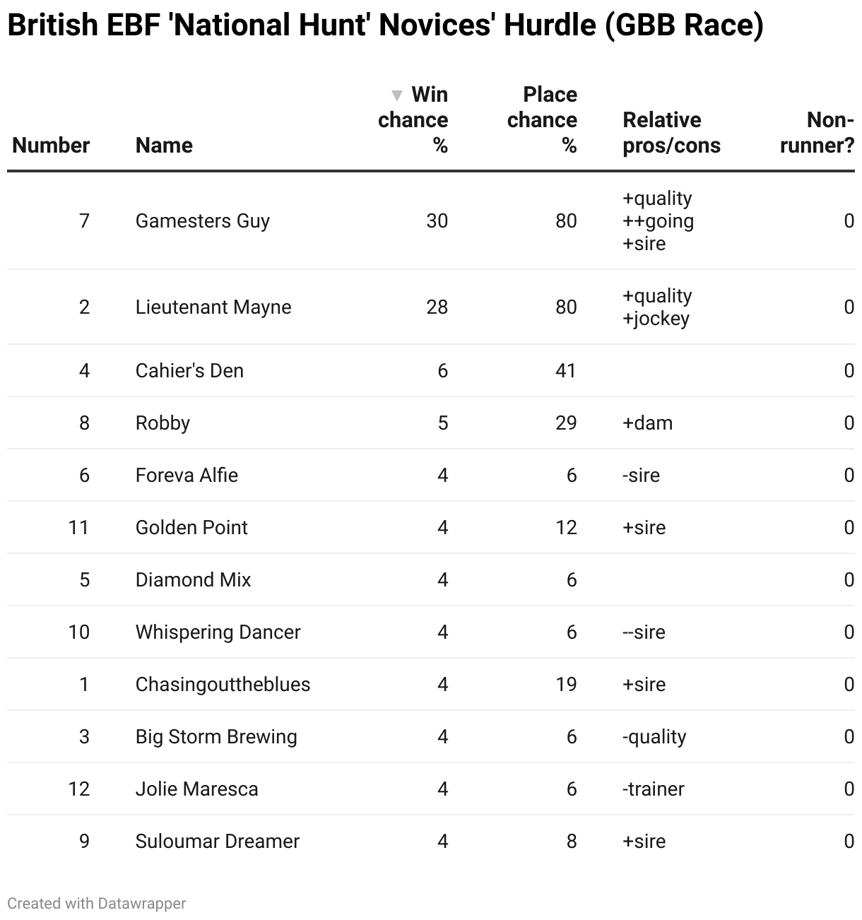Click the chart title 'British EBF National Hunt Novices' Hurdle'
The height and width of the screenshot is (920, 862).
[385, 25]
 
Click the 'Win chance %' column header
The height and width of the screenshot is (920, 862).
[417, 119]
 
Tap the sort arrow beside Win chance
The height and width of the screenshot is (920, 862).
[397, 95]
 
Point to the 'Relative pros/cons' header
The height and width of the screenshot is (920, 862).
[671, 132]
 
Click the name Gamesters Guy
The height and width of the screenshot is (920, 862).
[203, 221]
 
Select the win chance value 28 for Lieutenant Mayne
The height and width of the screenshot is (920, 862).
[437, 307]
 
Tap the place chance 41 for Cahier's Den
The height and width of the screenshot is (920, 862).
[565, 371]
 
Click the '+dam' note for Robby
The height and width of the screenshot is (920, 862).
[647, 423]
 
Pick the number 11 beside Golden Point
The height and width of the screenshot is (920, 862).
[78, 528]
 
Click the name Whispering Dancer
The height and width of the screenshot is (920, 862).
[218, 632]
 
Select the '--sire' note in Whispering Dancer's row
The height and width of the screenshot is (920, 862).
[644, 632]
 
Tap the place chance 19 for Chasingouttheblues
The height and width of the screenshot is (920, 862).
[565, 685]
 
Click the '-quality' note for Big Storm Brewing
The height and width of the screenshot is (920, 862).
[654, 737]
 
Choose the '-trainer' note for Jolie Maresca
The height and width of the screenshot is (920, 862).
[653, 789]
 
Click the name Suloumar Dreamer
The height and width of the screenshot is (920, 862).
[218, 842]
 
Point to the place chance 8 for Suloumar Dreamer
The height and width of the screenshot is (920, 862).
[571, 842]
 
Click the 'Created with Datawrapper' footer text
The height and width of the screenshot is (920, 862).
[97, 903]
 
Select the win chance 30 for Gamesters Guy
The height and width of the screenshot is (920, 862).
[437, 221]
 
